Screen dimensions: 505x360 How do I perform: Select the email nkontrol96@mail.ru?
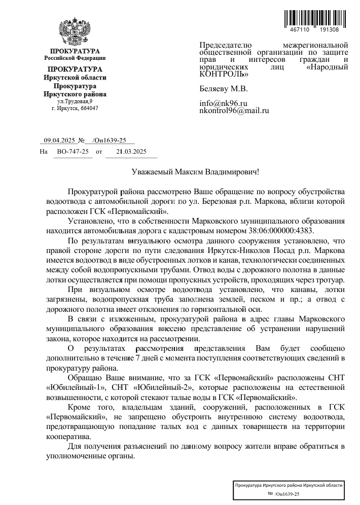click(x=234, y=111)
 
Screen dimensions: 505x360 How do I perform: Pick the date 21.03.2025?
click(x=131, y=151)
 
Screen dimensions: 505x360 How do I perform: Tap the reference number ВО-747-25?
click(x=73, y=151)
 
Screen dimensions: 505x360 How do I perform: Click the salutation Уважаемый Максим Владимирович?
click(x=195, y=172)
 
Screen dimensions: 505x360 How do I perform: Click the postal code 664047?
click(x=89, y=108)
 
